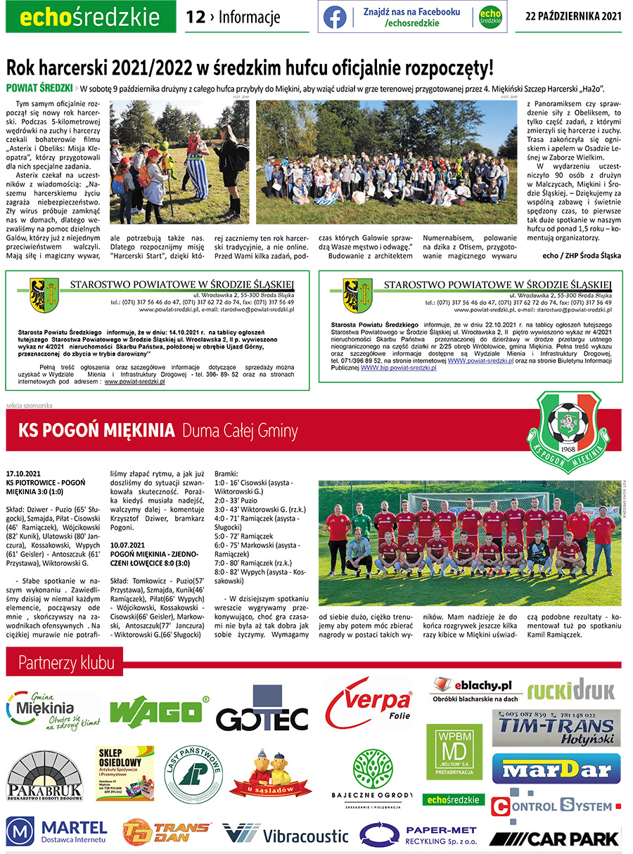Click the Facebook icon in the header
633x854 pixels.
coord(335,17)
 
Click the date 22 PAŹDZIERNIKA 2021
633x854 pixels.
coord(573,17)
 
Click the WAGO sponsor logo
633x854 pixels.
coord(160,711)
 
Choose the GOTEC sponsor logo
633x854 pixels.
coord(262,717)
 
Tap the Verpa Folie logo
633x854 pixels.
coord(370,702)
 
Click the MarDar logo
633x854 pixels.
coord(556,768)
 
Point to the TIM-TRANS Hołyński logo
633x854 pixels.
coord(556,728)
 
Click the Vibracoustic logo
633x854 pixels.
coord(285,834)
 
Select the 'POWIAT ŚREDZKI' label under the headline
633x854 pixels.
coord(39,88)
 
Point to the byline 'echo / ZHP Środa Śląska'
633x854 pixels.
coord(582,255)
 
